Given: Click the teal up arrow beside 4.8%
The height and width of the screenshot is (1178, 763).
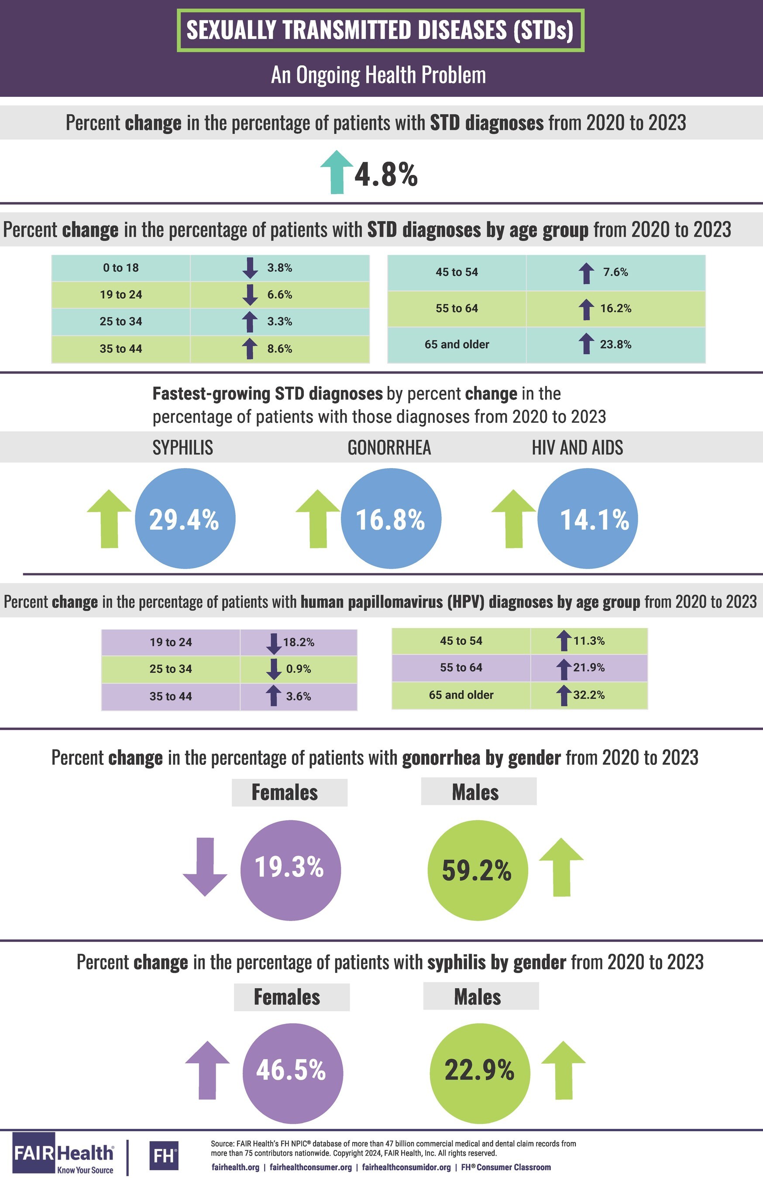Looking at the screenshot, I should coord(337,172).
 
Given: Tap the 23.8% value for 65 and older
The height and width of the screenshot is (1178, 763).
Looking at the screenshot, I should coord(615,345).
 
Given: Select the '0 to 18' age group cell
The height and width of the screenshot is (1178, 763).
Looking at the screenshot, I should coord(121,268).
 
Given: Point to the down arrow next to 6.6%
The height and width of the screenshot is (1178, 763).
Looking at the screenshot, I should coord(250,295).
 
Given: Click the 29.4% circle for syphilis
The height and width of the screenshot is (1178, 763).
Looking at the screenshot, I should coord(185,519).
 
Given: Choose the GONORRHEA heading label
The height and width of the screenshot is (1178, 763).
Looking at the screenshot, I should coord(389,448).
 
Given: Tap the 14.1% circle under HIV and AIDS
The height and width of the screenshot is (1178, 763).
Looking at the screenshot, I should coord(588,519).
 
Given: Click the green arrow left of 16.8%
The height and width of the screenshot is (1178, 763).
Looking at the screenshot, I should coord(318,519).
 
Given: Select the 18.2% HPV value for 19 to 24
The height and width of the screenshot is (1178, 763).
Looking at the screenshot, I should coord(299,642).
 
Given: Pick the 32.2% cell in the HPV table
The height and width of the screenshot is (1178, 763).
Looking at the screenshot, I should coord(589,695).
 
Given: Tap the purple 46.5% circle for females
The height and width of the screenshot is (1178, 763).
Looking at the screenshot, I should coord(292,1071).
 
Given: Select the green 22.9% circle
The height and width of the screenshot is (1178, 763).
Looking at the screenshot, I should coord(480,1071).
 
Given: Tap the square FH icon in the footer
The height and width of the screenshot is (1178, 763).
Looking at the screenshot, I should coord(163,1156).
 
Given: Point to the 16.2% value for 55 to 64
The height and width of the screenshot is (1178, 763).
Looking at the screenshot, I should coord(615,308).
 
